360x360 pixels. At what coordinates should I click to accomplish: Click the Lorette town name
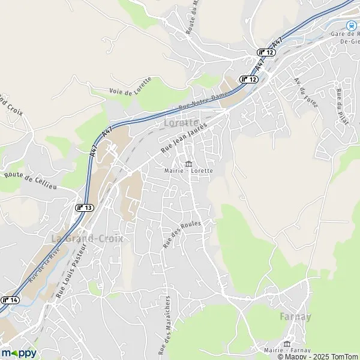(x=181, y=122)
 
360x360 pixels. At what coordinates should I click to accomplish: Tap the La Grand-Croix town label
(x=87, y=238)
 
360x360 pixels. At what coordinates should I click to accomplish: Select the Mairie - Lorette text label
(x=188, y=170)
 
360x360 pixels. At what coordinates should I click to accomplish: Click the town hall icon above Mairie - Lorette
(x=188, y=163)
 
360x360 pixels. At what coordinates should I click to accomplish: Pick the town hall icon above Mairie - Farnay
(x=287, y=344)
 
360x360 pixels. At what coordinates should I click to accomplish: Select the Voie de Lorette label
(x=131, y=86)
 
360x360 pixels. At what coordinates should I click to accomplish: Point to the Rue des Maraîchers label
(x=164, y=324)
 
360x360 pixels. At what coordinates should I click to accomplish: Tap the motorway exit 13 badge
(x=85, y=207)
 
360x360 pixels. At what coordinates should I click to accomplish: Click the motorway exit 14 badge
(x=10, y=300)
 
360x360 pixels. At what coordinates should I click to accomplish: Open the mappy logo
(x=19, y=353)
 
